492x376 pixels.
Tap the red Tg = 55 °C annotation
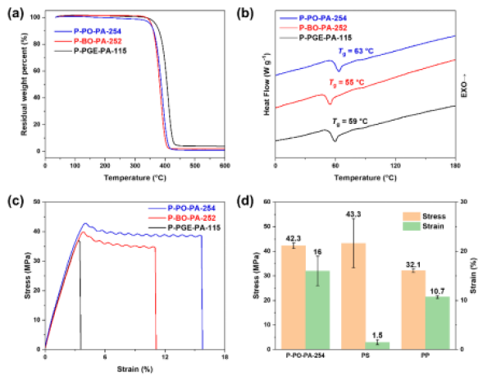point(349,83)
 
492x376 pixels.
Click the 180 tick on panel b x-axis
point(455,165)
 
